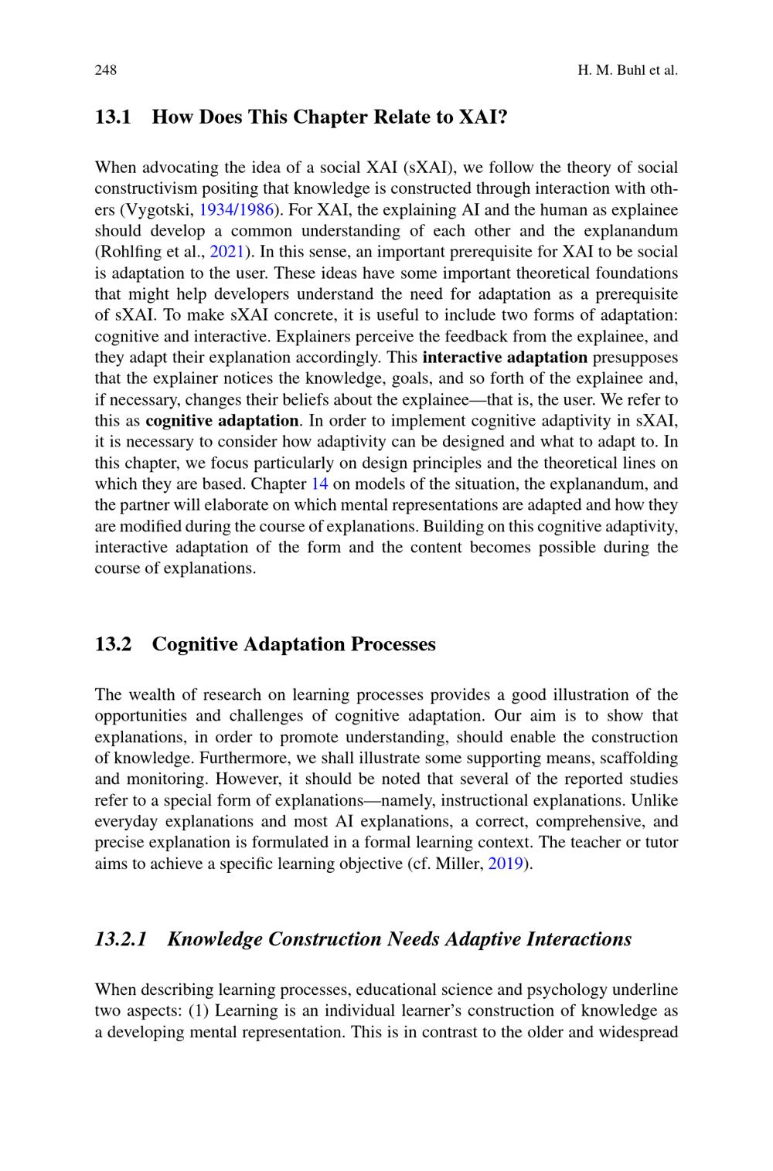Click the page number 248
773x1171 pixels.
pyautogui.click(x=105, y=70)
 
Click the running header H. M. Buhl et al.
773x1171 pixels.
pyautogui.click(x=627, y=70)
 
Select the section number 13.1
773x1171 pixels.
pyautogui.click(x=113, y=117)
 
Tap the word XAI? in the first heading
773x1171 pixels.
pyautogui.click(x=483, y=117)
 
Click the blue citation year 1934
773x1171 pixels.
pyautogui.click(x=216, y=209)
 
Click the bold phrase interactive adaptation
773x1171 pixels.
pyautogui.click(x=506, y=357)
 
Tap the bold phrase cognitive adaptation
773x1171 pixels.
pyautogui.click(x=222, y=420)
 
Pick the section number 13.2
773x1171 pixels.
pyautogui.click(x=113, y=644)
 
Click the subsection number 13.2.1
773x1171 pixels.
pyautogui.click(x=121, y=939)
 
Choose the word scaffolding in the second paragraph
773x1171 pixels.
pyautogui.click(x=635, y=758)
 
